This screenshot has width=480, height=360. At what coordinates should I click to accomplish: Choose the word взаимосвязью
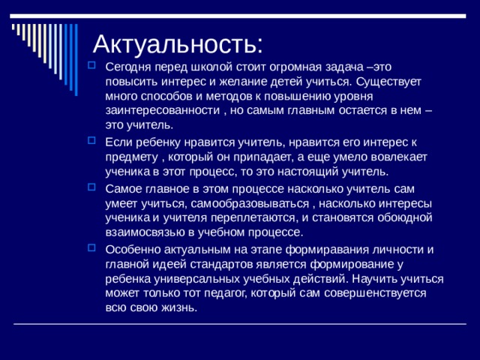[144, 232]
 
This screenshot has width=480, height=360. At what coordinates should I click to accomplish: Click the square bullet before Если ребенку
[91, 140]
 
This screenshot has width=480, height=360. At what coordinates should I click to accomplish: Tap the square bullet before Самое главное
[91, 187]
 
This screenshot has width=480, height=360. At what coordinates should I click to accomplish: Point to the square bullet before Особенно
[91, 248]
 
